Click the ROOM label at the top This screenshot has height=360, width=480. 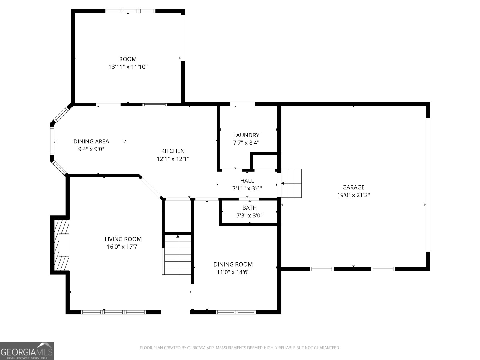point(128,59)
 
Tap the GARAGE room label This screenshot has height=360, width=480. point(353,187)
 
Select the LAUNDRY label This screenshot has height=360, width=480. point(246,135)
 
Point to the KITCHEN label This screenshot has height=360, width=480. point(173,151)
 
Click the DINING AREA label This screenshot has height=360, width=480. point(91,141)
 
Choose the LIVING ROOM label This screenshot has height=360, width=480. point(123,239)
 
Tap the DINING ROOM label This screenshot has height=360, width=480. point(233,265)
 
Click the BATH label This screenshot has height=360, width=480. point(250,208)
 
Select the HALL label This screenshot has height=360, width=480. point(247,181)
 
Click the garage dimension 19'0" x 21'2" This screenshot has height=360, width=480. point(353,195)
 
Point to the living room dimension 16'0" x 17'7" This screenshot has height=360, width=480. point(123,247)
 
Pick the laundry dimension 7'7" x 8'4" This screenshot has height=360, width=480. point(246,143)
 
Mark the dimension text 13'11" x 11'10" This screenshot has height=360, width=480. point(128,67)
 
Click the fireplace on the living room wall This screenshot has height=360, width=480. point(61,245)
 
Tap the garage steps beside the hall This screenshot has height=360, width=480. point(292,183)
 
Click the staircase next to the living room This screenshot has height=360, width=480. point(177,254)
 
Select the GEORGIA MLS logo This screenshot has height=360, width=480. point(27,351)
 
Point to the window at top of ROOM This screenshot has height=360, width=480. point(130,11)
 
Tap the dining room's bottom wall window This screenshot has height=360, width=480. point(236,312)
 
